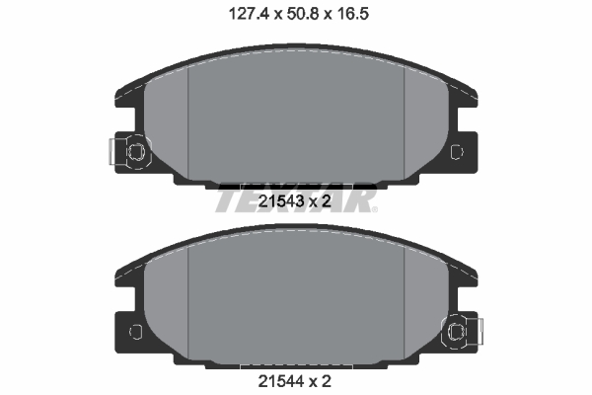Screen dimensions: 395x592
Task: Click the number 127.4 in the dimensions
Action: tap(234, 14)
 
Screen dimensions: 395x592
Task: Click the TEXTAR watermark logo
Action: tap(296, 197)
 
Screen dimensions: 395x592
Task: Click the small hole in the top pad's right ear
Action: tap(456, 151)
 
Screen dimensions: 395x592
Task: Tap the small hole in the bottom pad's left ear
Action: tap(135, 330)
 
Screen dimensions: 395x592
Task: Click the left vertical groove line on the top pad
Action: tap(187, 128)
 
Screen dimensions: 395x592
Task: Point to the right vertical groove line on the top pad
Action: tap(406, 128)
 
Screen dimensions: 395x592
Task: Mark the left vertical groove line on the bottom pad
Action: tap(187, 301)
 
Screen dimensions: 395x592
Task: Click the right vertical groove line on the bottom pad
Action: tap(406, 301)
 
